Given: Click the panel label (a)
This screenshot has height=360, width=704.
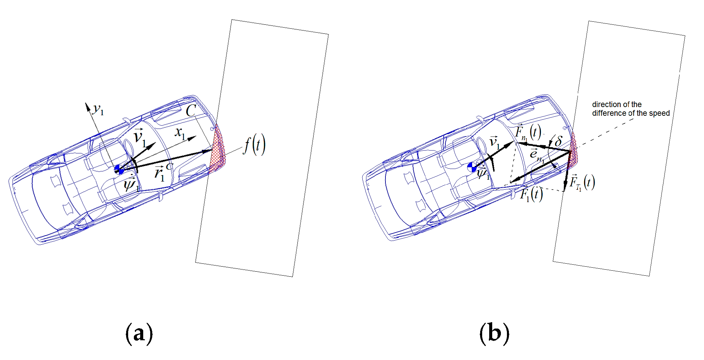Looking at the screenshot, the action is coord(139,334).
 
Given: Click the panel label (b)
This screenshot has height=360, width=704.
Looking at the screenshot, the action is coord(494,334).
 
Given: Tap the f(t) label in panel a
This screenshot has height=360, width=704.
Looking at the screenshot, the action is coord(255,145).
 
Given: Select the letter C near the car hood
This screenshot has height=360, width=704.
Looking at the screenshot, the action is coord(191,111).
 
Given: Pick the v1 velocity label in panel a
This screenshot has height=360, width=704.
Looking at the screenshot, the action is coord(140,138).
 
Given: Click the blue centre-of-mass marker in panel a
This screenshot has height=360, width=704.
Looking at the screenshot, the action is coord(119,170).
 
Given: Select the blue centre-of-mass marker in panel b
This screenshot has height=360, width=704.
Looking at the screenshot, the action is coord(472,167).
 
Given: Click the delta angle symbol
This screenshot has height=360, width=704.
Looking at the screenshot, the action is coord(558,141).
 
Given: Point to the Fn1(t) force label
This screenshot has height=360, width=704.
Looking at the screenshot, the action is coord(528,132).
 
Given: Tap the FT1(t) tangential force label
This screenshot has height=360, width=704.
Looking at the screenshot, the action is coord(582,183).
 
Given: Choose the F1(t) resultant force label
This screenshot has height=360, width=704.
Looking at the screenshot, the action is coord(531,194).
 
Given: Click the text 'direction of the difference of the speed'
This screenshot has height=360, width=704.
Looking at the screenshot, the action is coord(631,109).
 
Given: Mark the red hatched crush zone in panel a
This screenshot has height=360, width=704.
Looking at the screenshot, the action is coord(217,148).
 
